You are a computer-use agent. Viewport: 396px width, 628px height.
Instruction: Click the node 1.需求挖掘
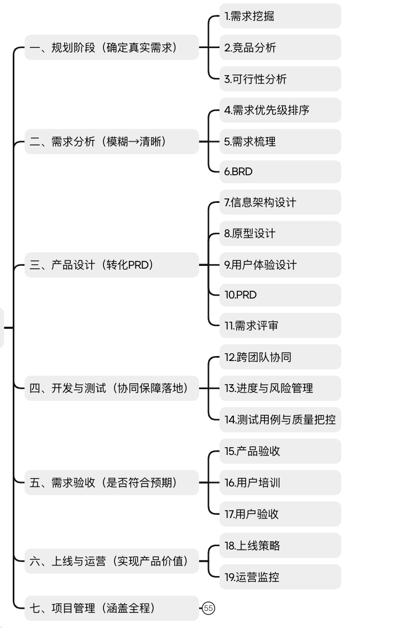[279, 16]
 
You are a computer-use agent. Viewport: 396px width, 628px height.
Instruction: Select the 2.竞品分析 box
[279, 48]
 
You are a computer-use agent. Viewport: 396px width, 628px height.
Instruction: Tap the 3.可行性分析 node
[279, 79]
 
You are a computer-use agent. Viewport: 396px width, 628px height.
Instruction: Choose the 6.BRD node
[279, 171]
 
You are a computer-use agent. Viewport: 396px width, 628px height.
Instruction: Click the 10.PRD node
[279, 295]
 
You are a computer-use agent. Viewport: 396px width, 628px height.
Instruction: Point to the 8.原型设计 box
[279, 233]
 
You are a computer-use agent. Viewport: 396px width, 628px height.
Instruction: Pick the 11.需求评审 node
[279, 326]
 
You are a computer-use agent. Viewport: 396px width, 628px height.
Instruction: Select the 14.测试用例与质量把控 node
[279, 419]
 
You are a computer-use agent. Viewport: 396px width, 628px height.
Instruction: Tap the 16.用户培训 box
[279, 483]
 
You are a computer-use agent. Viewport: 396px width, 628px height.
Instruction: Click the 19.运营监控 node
[279, 577]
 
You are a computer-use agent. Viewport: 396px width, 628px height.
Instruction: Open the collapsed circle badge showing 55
[209, 608]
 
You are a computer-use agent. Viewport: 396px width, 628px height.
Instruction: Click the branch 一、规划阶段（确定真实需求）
[111, 48]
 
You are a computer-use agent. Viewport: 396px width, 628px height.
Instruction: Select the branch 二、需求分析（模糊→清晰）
[111, 142]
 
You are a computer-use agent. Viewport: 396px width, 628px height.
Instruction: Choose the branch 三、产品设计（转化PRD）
[111, 265]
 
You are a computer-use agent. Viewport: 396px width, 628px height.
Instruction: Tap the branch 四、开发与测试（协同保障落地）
[111, 388]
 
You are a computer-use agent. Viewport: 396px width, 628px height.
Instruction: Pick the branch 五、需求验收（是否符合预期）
[111, 483]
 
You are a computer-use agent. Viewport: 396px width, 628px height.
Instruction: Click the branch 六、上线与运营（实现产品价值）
[111, 562]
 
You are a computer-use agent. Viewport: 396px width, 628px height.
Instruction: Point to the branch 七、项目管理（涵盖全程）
[111, 608]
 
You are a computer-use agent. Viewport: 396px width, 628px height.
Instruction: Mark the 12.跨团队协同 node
[279, 357]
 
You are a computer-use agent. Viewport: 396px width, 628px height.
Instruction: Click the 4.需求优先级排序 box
[279, 110]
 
